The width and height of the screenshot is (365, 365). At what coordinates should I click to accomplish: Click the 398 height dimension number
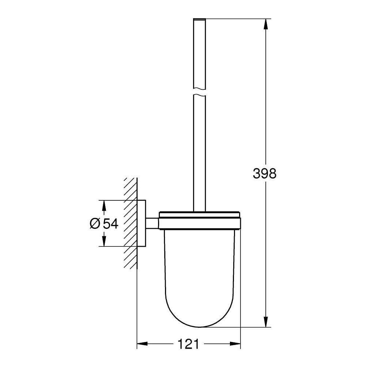(x=265, y=174)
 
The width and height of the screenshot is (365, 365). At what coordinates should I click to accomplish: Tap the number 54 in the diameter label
(x=111, y=224)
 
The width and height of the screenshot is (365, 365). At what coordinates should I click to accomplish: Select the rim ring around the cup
(x=199, y=220)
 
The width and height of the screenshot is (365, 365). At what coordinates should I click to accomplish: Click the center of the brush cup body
(x=199, y=270)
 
